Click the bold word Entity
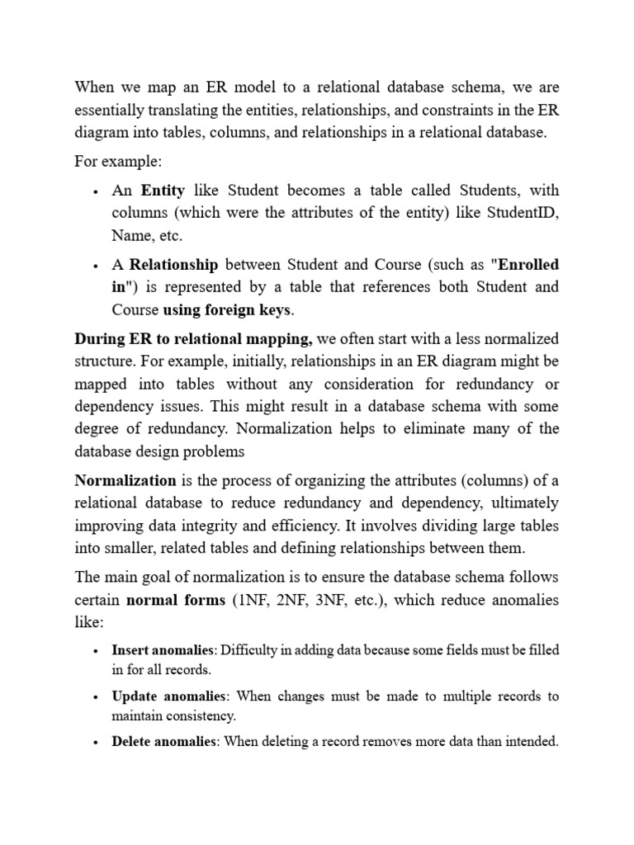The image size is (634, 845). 163,191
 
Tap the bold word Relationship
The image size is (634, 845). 173,265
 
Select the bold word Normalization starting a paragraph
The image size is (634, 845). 125,480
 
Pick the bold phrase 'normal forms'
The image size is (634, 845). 175,600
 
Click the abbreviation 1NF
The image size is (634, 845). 254,600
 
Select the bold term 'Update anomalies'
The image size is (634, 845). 168,696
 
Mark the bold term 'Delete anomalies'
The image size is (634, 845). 163,741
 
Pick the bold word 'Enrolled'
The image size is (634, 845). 527,265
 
